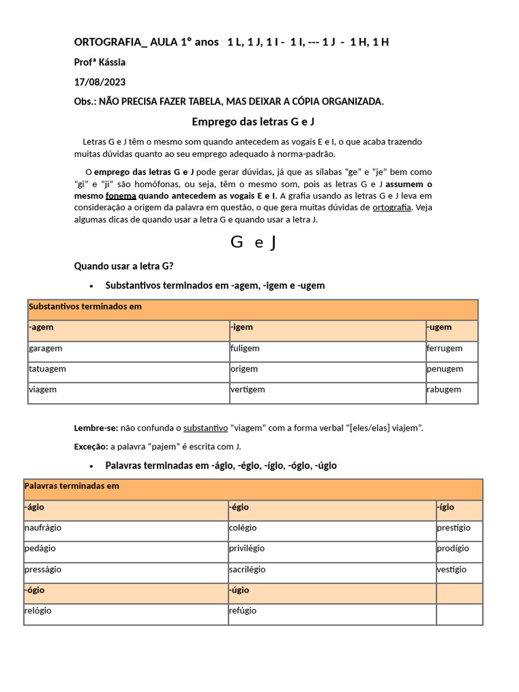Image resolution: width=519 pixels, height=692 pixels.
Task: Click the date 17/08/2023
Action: [x=100, y=82]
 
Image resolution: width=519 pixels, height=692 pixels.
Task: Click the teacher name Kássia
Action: [x=112, y=62]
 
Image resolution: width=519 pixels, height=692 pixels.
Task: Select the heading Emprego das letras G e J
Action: [x=253, y=122]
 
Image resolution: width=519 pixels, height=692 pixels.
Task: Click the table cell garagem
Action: [x=46, y=349]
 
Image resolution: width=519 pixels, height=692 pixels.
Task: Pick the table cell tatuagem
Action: [x=47, y=369]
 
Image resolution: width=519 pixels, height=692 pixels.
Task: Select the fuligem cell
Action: [x=245, y=349]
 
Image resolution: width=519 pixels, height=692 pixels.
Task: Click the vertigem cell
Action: [x=247, y=389]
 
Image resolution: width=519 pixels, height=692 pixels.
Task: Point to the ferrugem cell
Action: [x=445, y=349]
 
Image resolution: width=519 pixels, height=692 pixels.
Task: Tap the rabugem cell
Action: [x=444, y=389]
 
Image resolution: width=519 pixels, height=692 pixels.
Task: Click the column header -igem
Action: [x=241, y=327]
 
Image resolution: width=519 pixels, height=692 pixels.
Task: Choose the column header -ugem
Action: [x=439, y=327]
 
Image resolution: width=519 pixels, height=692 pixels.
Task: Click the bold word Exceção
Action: [x=90, y=447]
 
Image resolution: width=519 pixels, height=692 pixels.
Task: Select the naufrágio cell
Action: [x=43, y=528]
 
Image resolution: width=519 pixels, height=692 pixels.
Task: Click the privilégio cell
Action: [x=247, y=548]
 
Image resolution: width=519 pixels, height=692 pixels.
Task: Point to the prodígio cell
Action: [x=453, y=548]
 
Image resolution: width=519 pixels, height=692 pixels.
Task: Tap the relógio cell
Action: [x=38, y=611]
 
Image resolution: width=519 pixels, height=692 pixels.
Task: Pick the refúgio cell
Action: [x=243, y=611]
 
